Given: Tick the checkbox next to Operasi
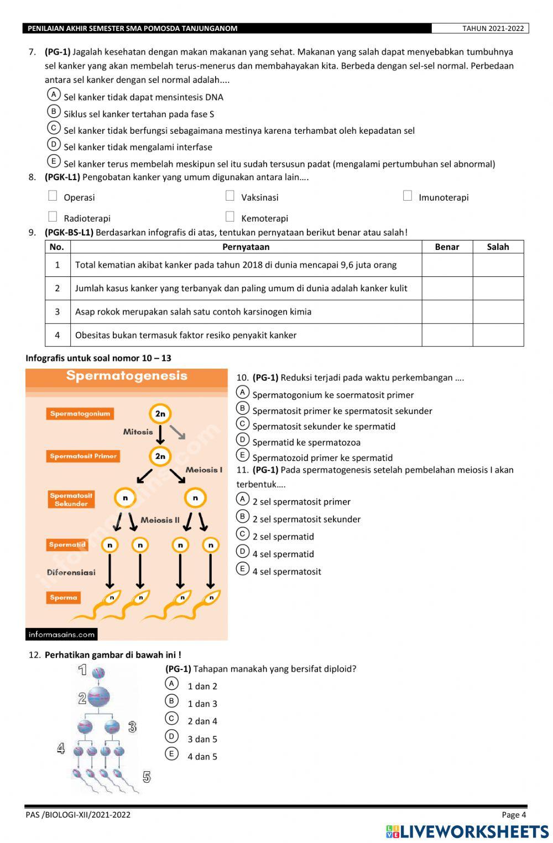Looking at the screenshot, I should coord(53,196).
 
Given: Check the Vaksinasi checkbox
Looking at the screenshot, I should coord(230,196).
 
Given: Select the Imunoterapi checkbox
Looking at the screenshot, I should coord(408,196).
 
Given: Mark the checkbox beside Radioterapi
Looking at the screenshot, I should coord(53,217).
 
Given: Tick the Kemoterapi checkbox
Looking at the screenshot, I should coord(230,217).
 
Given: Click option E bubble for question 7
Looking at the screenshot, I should coord(54,161).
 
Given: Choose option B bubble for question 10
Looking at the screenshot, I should coord(243,409).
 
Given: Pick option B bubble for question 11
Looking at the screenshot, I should coord(243,517).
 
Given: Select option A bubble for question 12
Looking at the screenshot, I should coord(172,684).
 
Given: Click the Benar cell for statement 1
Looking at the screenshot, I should coord(447,265).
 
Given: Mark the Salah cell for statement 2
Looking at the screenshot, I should coord(498,288).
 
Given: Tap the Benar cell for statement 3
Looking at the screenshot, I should coord(447,312).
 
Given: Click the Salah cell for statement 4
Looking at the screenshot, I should coord(498,335).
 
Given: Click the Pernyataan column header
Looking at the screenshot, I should coord(246,247).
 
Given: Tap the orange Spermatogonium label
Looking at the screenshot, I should coord(80,413).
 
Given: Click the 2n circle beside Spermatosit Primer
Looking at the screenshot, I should coord(160,456).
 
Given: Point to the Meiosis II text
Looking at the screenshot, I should coord(160,520).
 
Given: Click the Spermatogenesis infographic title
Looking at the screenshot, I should coord(127,376).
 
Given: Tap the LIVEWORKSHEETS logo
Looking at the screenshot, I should coord(467,831).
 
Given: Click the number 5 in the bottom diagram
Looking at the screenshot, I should coord(147,777).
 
